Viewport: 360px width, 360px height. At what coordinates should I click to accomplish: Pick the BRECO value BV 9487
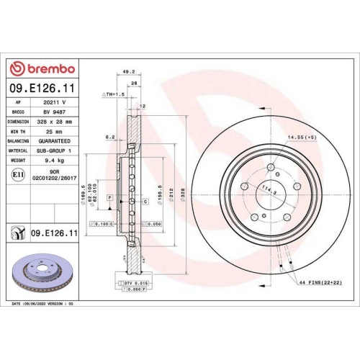click(54, 113)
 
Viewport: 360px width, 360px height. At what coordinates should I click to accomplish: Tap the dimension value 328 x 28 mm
click(54, 122)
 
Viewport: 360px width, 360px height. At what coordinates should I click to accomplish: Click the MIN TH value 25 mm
click(54, 132)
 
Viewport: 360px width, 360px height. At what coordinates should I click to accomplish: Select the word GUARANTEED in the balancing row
click(54, 142)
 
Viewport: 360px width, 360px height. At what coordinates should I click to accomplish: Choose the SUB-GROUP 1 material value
click(54, 151)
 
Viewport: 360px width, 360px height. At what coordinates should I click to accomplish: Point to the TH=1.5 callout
click(114, 94)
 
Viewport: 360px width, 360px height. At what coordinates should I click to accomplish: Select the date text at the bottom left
click(43, 305)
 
